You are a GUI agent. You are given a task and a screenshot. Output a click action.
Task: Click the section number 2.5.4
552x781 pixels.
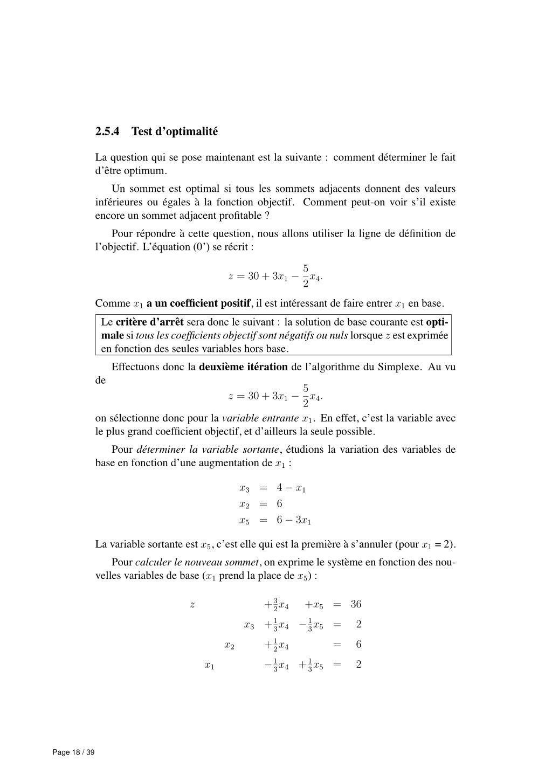pyautogui.click(x=108, y=131)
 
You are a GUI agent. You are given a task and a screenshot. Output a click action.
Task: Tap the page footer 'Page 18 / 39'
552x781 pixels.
pyautogui.click(x=73, y=752)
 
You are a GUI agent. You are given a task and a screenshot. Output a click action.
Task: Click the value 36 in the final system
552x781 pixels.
pyautogui.click(x=356, y=604)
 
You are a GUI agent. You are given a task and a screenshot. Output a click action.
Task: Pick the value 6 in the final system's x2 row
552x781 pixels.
pyautogui.click(x=358, y=644)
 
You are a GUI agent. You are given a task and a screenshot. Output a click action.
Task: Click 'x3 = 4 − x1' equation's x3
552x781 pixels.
pyautogui.click(x=244, y=488)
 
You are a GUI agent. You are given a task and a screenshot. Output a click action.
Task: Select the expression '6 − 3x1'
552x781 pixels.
pyautogui.click(x=294, y=520)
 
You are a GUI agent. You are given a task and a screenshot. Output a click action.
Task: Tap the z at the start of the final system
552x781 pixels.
pyautogui.click(x=192, y=604)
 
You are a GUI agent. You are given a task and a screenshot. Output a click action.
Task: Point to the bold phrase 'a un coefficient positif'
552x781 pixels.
pyautogui.click(x=198, y=303)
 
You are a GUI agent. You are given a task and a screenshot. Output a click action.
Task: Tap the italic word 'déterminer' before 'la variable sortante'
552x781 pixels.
pyautogui.click(x=159, y=450)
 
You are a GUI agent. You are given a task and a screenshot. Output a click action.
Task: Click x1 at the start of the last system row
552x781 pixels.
pyautogui.click(x=210, y=666)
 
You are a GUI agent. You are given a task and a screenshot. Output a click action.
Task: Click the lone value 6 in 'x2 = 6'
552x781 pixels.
pyautogui.click(x=279, y=504)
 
